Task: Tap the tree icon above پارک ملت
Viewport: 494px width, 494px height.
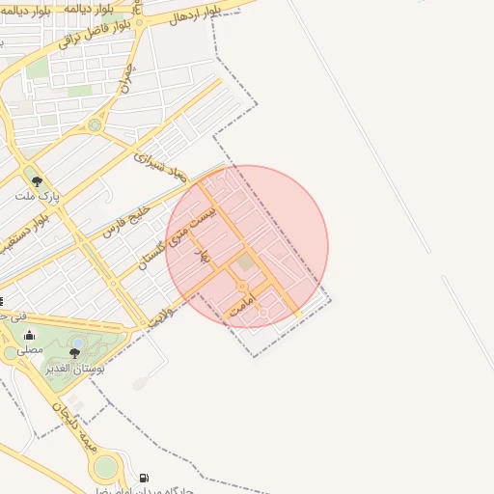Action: pyautogui.click(x=38, y=180)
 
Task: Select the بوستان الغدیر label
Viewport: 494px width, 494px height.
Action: pyautogui.click(x=74, y=369)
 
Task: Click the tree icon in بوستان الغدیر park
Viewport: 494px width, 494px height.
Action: pyautogui.click(x=75, y=354)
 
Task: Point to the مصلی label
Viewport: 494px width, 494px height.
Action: pyautogui.click(x=30, y=350)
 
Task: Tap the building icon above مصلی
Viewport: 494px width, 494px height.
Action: pyautogui.click(x=30, y=336)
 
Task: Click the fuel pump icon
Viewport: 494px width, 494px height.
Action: pyautogui.click(x=145, y=477)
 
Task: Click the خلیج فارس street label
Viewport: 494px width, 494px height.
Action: pyautogui.click(x=127, y=219)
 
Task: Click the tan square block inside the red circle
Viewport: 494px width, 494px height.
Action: pyautogui.click(x=245, y=261)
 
